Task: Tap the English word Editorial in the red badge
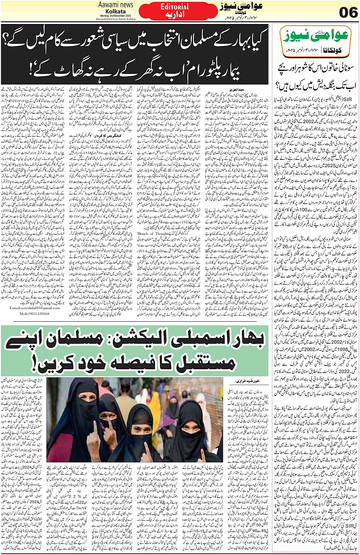coord(174,6)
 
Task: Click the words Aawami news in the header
coord(116,5)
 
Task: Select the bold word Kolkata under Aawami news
coord(116,11)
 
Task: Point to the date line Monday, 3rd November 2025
coord(116,15)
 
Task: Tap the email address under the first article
coord(35,308)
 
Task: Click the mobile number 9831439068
coord(35,314)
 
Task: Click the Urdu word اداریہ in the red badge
coord(174,14)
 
